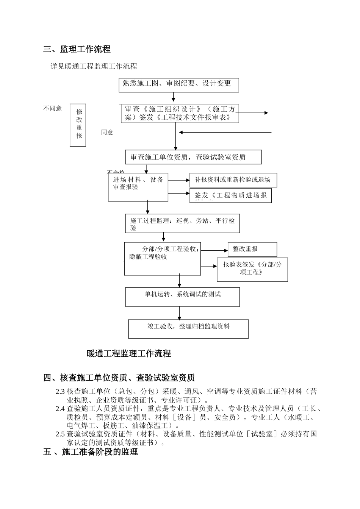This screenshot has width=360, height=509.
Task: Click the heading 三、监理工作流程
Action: (77, 49)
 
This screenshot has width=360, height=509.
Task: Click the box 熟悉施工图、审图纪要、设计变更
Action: (179, 85)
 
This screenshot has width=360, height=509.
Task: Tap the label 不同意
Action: (53, 109)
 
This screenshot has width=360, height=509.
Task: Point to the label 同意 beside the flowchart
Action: (107, 132)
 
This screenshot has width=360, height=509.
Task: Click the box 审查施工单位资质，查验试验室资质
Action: (193, 157)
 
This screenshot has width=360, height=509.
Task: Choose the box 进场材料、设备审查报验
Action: (138, 187)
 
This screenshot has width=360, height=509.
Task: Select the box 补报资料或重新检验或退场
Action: (233, 180)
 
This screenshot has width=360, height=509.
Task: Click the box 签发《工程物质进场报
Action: (230, 196)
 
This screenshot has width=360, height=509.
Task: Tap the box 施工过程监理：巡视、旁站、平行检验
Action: (183, 224)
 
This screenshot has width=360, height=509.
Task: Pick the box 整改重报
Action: (252, 249)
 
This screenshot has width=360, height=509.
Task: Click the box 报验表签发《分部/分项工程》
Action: (252, 269)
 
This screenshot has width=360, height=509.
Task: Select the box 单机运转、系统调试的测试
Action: (182, 297)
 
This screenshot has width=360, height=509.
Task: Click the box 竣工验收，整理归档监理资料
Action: (188, 329)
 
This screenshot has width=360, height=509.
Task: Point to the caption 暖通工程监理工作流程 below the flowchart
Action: (129, 354)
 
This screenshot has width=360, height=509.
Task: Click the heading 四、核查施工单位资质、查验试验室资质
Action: (119, 378)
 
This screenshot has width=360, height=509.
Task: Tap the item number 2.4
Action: (60, 409)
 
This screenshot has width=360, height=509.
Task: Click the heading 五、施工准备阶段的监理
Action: (91, 452)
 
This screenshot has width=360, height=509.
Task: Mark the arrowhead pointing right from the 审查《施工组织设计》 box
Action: (266, 113)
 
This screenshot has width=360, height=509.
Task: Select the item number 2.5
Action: (60, 434)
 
